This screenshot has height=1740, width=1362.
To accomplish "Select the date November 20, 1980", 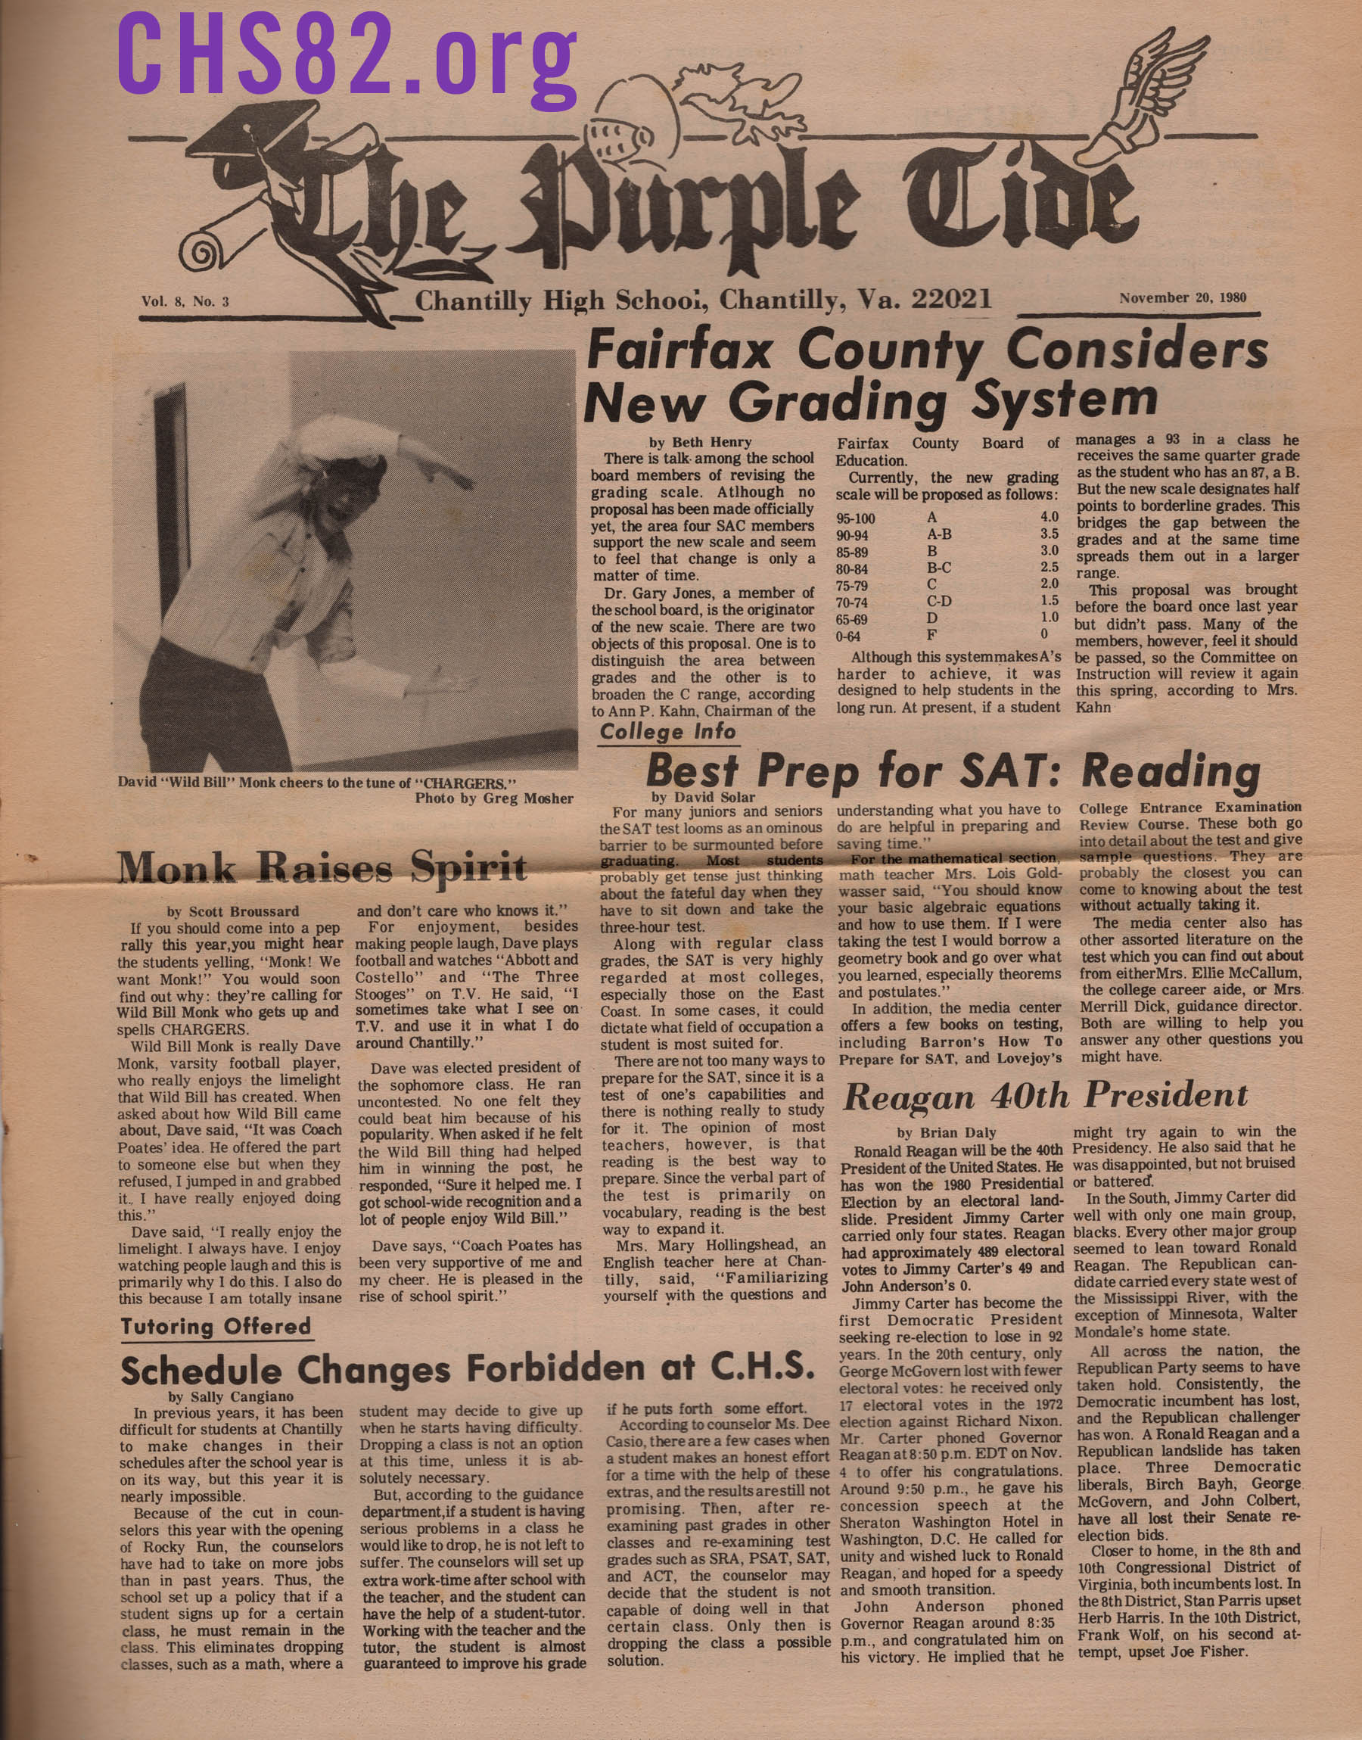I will [1182, 298].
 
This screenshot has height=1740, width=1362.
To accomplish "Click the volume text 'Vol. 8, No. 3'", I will [185, 301].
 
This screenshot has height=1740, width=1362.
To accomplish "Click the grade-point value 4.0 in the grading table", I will [1049, 517].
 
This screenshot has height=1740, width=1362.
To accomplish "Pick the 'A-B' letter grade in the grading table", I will [938, 534].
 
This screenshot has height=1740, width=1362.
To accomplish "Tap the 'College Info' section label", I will [667, 732].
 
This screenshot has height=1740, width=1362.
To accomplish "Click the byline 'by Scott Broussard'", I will [233, 910].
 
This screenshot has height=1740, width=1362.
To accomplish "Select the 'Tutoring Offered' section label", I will [216, 1327].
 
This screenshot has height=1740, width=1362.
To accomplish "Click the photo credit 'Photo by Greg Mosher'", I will [493, 798].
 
